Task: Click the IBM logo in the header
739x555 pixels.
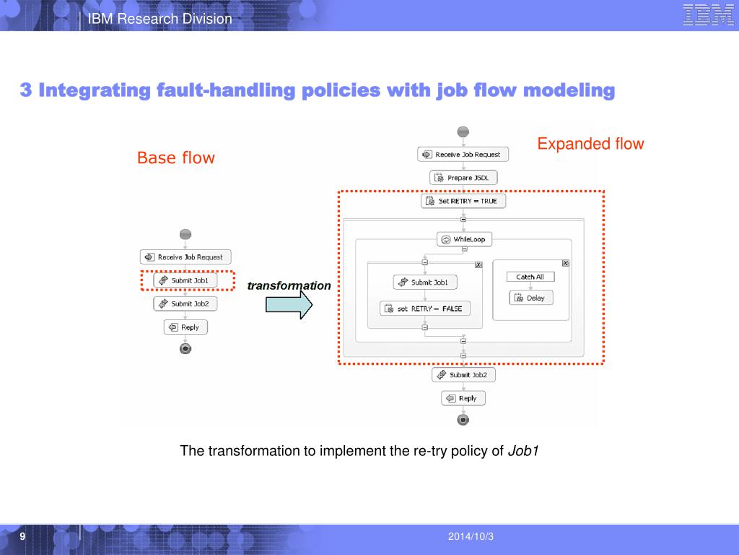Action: coord(707,15)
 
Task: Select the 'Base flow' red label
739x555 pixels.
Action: coord(176,158)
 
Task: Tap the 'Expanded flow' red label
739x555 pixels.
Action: coord(590,144)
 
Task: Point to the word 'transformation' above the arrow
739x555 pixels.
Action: coord(289,285)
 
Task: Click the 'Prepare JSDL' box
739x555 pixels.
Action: coord(463,178)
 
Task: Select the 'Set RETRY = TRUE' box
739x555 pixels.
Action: coord(463,201)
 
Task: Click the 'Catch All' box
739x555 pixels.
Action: coord(530,277)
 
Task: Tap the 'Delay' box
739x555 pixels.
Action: coord(531,298)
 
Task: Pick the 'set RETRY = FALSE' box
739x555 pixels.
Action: coord(425,309)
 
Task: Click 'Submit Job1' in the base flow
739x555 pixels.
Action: coord(185,280)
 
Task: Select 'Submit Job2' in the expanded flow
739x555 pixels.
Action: coord(463,375)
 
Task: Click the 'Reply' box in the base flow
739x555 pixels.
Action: coord(185,327)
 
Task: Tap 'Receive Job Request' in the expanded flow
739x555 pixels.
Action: coord(463,155)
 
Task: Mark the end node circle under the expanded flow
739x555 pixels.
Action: coord(463,420)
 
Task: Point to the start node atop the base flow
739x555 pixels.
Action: coord(185,234)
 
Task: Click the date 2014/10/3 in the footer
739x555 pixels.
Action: coord(471,536)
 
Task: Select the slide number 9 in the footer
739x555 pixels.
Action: coord(22,536)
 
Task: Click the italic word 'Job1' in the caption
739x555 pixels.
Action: coord(523,452)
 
